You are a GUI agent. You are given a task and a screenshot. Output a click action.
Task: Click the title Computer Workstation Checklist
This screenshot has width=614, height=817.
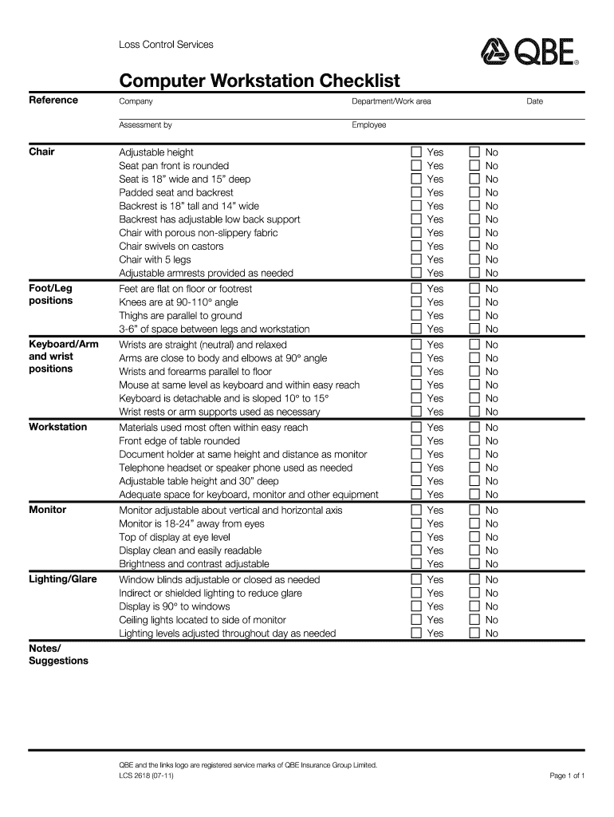click(x=259, y=81)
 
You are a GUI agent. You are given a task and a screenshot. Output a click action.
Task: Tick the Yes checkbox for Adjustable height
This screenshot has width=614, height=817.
click(x=416, y=152)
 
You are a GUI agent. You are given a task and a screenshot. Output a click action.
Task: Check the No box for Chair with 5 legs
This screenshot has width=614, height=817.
click(x=474, y=260)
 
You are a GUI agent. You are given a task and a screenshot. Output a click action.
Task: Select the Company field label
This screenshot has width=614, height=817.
click(x=136, y=102)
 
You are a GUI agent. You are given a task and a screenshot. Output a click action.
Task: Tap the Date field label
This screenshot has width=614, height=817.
click(x=534, y=102)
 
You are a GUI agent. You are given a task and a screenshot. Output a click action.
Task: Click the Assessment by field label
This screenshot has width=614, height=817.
click(x=145, y=125)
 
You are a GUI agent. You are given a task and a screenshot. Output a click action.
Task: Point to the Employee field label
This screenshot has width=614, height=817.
click(x=368, y=125)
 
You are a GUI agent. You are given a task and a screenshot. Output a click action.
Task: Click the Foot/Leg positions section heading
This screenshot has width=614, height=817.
click(x=51, y=294)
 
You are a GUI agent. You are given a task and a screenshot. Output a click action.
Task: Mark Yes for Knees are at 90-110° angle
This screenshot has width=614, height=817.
click(x=416, y=302)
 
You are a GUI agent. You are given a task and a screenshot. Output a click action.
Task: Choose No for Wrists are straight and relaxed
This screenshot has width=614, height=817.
click(x=474, y=345)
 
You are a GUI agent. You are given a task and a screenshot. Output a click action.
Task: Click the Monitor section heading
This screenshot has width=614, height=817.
click(x=48, y=510)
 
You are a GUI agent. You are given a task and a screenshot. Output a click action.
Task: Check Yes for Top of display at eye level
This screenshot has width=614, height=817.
click(x=416, y=537)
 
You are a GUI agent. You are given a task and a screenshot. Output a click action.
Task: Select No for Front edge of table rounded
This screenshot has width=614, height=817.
click(x=474, y=441)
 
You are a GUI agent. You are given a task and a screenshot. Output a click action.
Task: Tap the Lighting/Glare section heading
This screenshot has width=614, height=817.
click(x=63, y=579)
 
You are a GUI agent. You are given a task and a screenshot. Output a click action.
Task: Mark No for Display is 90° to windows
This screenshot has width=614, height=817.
click(x=474, y=606)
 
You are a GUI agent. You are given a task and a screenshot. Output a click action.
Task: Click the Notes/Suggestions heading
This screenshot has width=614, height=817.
click(x=58, y=654)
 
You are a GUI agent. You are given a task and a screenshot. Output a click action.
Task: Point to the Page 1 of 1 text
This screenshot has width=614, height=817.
click(x=567, y=776)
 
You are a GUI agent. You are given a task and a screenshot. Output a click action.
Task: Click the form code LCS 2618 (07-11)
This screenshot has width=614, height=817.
click(x=146, y=776)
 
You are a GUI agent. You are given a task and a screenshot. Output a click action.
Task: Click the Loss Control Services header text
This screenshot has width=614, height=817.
click(x=166, y=45)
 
